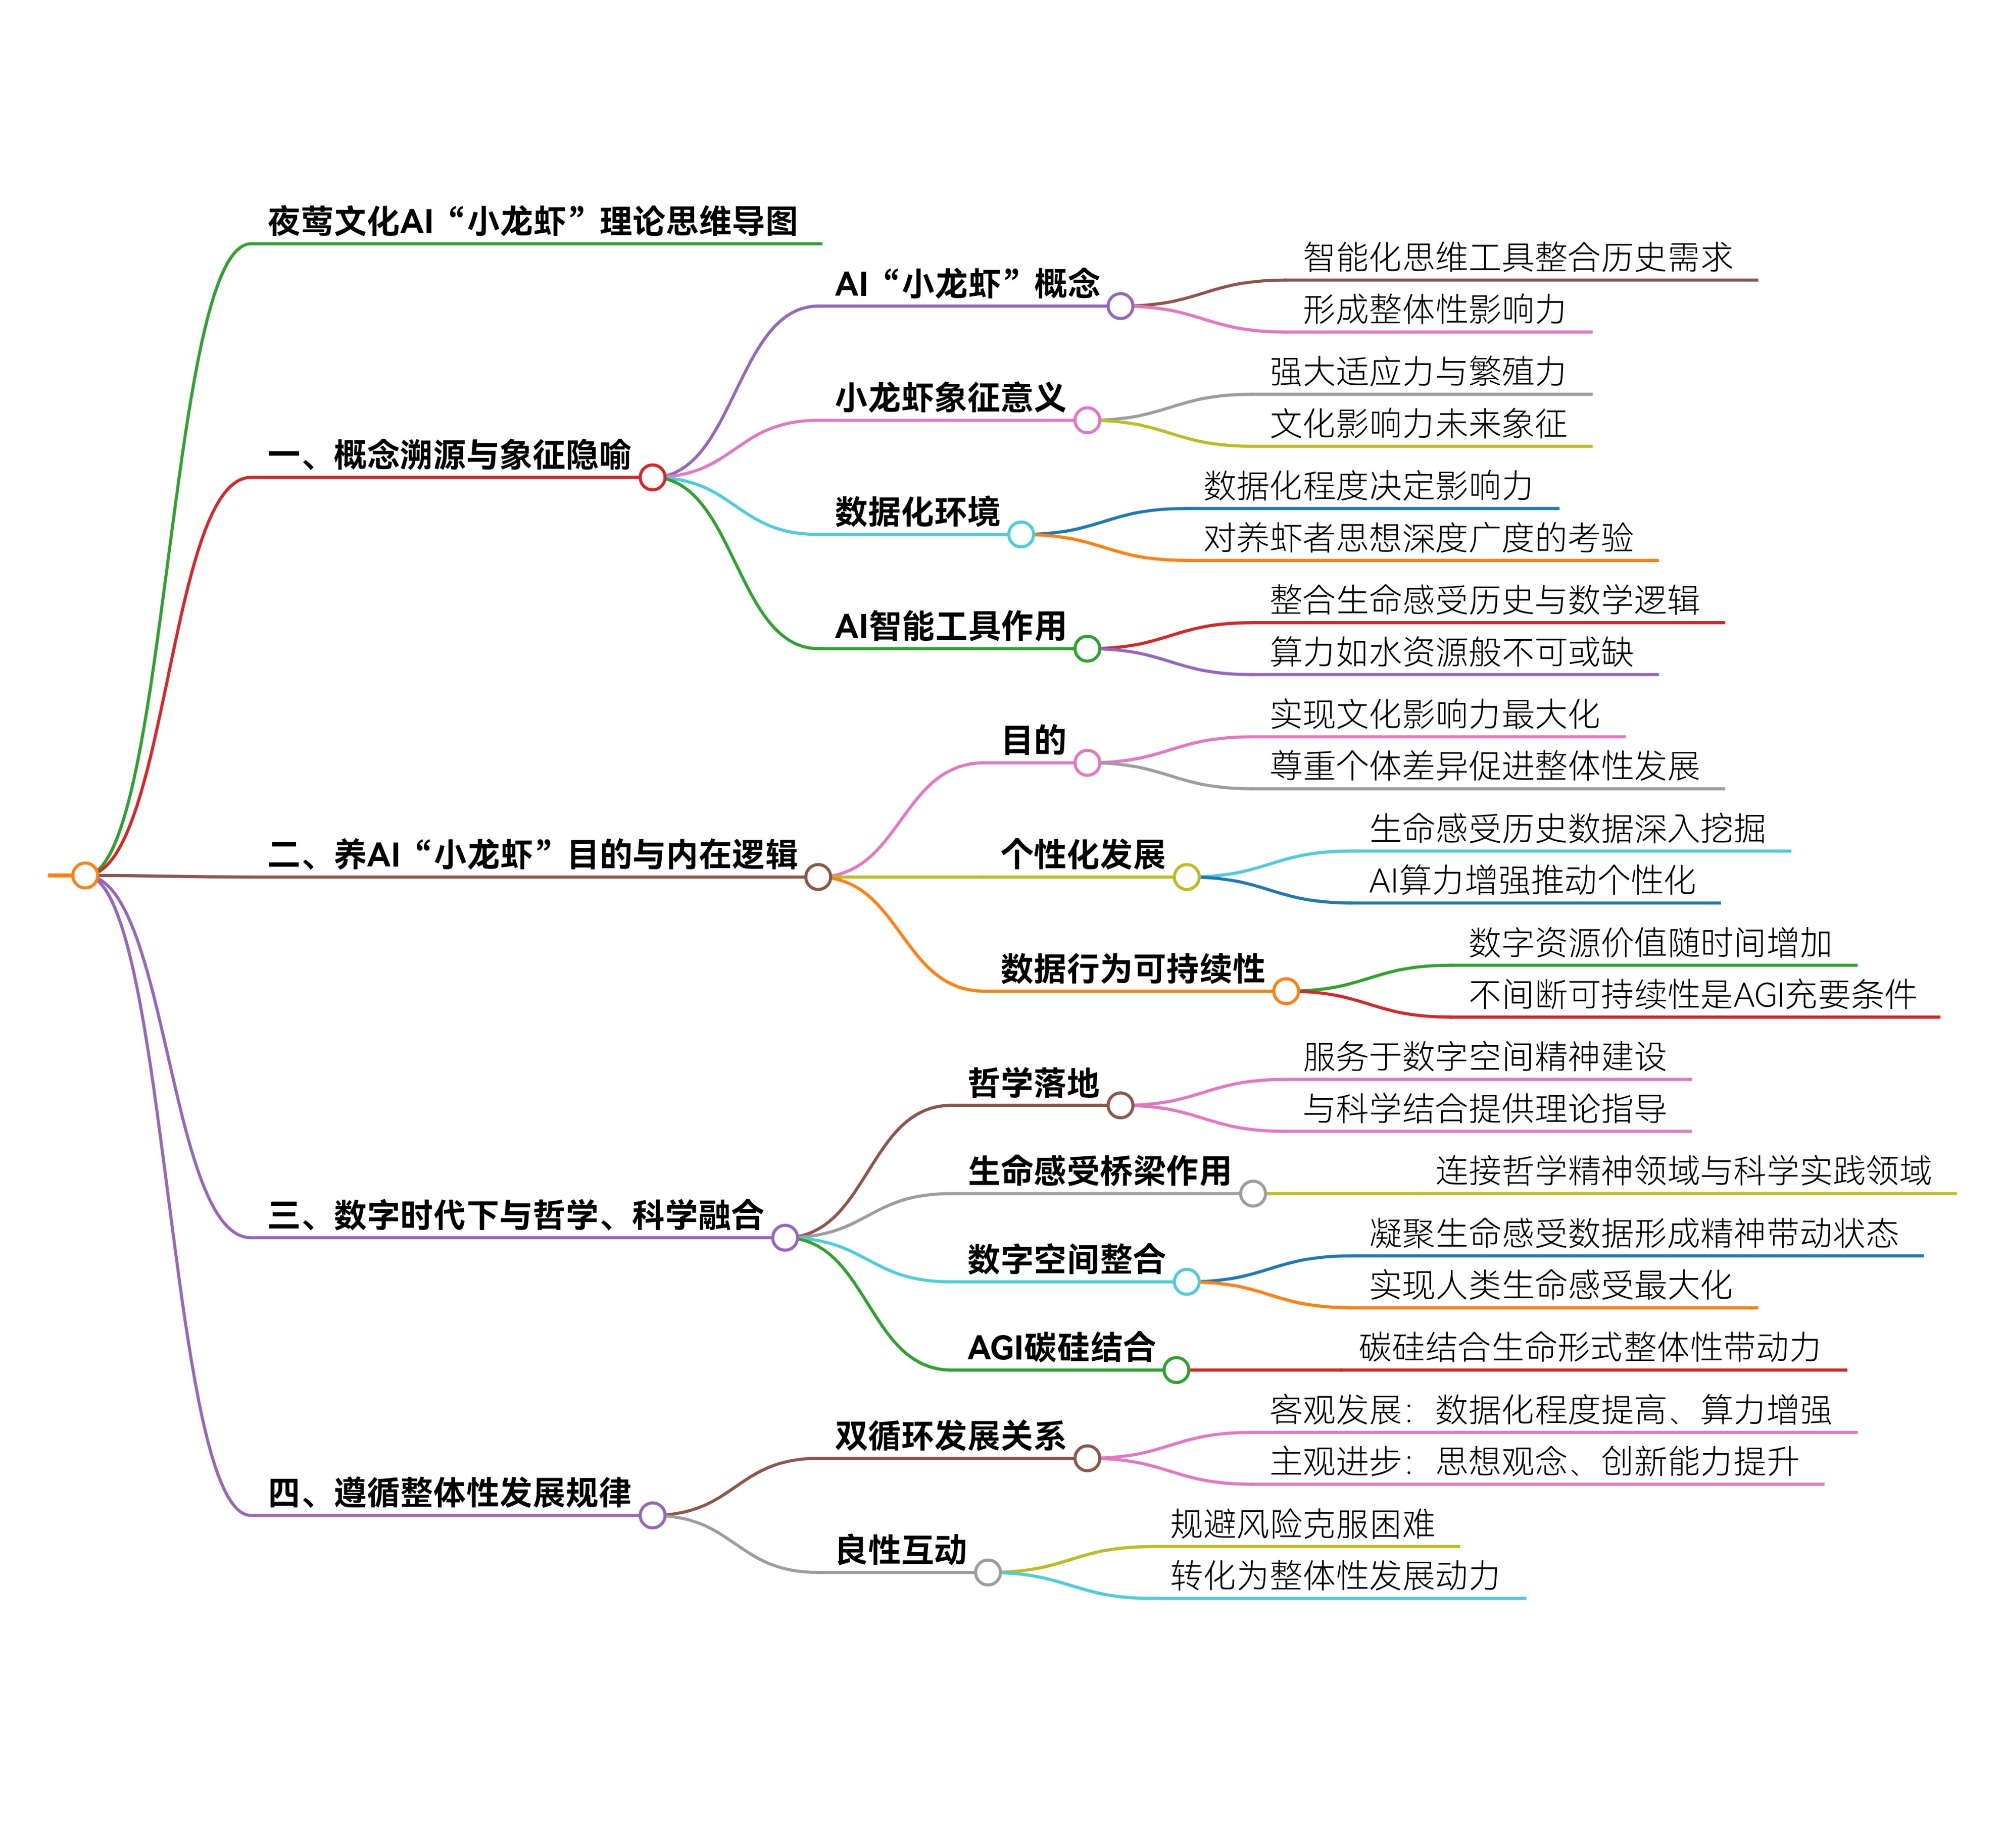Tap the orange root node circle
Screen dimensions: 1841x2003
click(x=85, y=876)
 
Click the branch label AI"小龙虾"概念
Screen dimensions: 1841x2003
click(x=966, y=284)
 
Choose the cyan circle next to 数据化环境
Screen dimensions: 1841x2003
click(x=1020, y=535)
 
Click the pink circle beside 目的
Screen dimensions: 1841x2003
click(x=1087, y=763)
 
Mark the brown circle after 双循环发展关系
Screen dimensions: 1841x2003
click(x=1087, y=1458)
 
